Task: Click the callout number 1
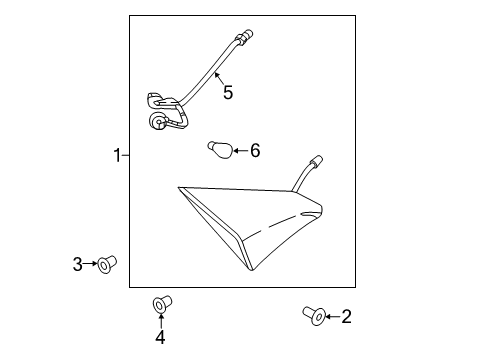[117, 155]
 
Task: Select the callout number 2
[346, 317]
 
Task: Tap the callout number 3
[77, 264]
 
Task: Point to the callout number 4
[160, 337]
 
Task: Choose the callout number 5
[228, 92]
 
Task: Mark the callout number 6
[255, 151]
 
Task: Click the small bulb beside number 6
[219, 150]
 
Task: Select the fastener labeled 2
[314, 316]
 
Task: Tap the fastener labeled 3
[107, 265]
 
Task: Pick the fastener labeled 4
[162, 304]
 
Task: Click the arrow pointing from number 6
[241, 151]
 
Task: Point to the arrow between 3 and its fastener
[90, 264]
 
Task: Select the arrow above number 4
[161, 321]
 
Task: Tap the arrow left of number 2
[333, 317]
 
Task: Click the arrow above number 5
[219, 79]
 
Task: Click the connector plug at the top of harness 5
[245, 36]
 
